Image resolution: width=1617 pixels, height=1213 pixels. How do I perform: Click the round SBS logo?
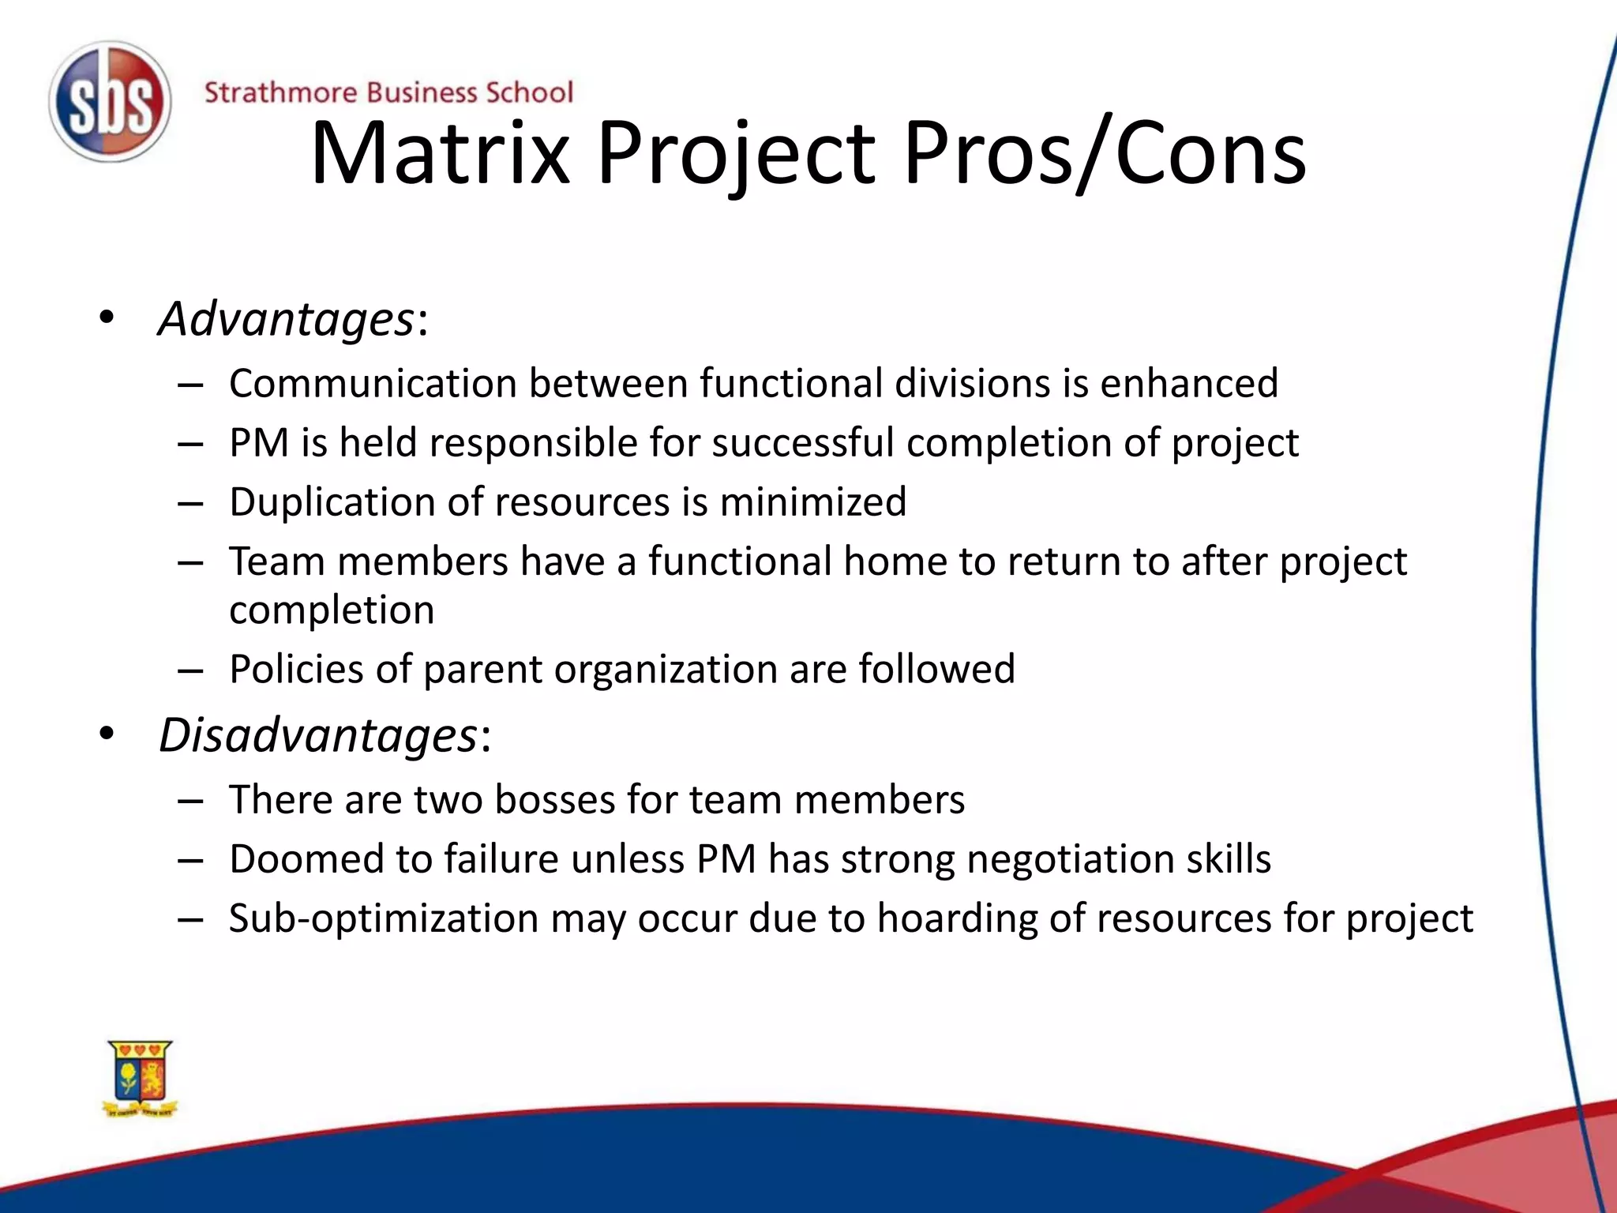point(110,103)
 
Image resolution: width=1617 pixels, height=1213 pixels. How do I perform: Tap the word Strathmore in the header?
point(280,93)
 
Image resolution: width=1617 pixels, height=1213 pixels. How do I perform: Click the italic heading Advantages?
point(286,320)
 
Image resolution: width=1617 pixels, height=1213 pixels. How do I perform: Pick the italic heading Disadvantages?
point(318,736)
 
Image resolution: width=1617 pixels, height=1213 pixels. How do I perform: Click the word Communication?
point(373,384)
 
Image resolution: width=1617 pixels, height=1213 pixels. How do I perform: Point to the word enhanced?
point(1189,384)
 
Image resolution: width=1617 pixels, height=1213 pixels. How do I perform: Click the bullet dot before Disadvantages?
point(107,734)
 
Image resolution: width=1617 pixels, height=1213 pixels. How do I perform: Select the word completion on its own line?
point(332,610)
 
